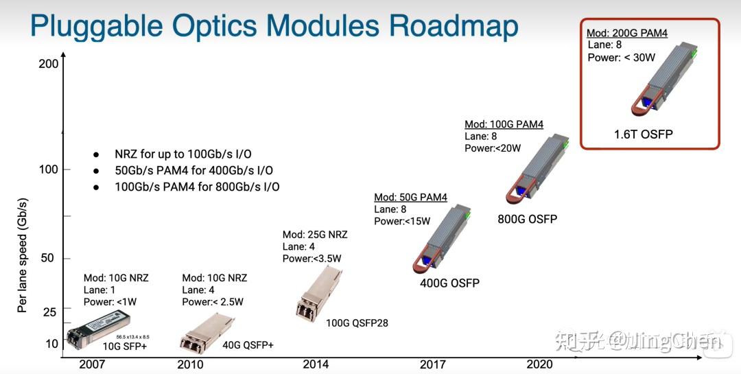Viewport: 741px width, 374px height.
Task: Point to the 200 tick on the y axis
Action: pos(49,64)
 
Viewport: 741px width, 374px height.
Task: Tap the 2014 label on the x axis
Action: pos(316,364)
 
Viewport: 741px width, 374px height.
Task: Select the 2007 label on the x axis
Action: pos(92,364)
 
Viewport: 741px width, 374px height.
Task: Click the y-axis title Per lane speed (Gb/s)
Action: pos(22,255)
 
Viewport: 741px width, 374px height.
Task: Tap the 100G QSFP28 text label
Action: pos(357,323)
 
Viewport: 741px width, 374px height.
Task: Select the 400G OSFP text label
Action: pos(449,283)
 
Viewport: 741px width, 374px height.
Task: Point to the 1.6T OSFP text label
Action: pos(643,135)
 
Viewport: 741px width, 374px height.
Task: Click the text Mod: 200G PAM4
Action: pos(627,33)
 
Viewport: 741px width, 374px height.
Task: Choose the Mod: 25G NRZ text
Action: pos(315,235)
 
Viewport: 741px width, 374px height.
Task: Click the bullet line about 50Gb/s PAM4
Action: pos(194,170)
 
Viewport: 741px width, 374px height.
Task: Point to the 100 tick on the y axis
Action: pos(49,170)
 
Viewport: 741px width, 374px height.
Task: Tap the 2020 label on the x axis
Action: pos(539,364)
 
